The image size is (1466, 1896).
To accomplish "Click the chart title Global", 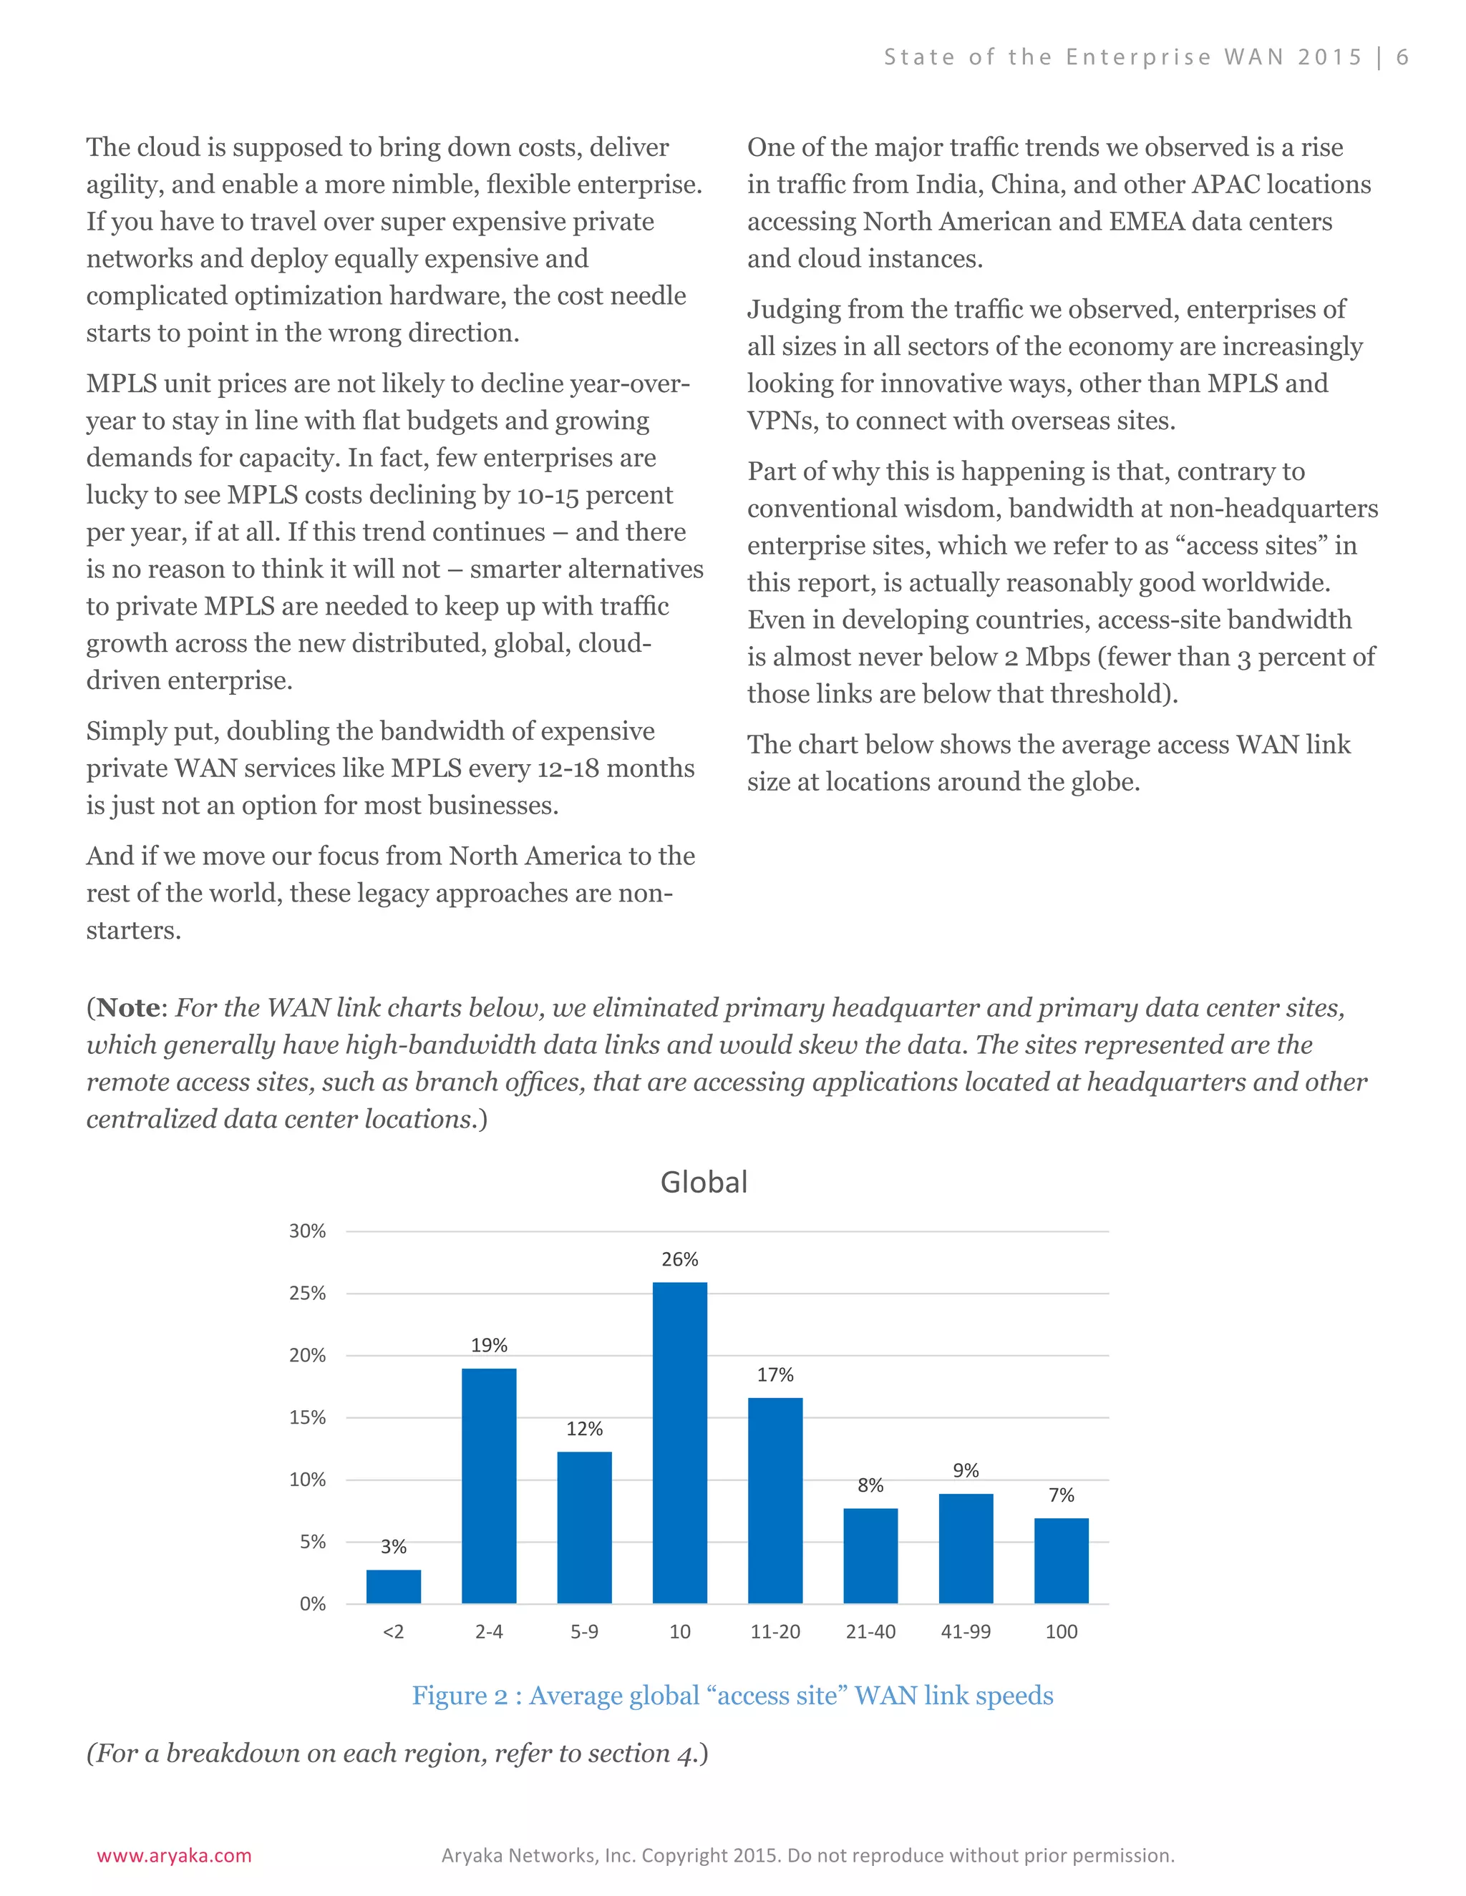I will (704, 1183).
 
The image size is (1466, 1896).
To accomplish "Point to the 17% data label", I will (775, 1374).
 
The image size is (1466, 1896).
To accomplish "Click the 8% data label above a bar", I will (870, 1485).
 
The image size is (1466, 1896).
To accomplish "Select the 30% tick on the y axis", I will (307, 1231).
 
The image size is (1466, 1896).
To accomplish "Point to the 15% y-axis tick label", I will (307, 1417).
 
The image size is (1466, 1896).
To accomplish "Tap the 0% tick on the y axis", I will (313, 1603).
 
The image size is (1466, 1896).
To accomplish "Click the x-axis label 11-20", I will (775, 1631).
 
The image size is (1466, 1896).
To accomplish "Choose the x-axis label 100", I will (1062, 1631).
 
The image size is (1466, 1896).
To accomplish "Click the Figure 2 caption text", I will (732, 1696).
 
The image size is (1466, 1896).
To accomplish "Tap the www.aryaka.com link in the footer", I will (174, 1855).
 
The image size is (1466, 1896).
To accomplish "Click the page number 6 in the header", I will (1402, 57).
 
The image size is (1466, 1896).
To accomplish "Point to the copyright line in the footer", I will (807, 1855).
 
